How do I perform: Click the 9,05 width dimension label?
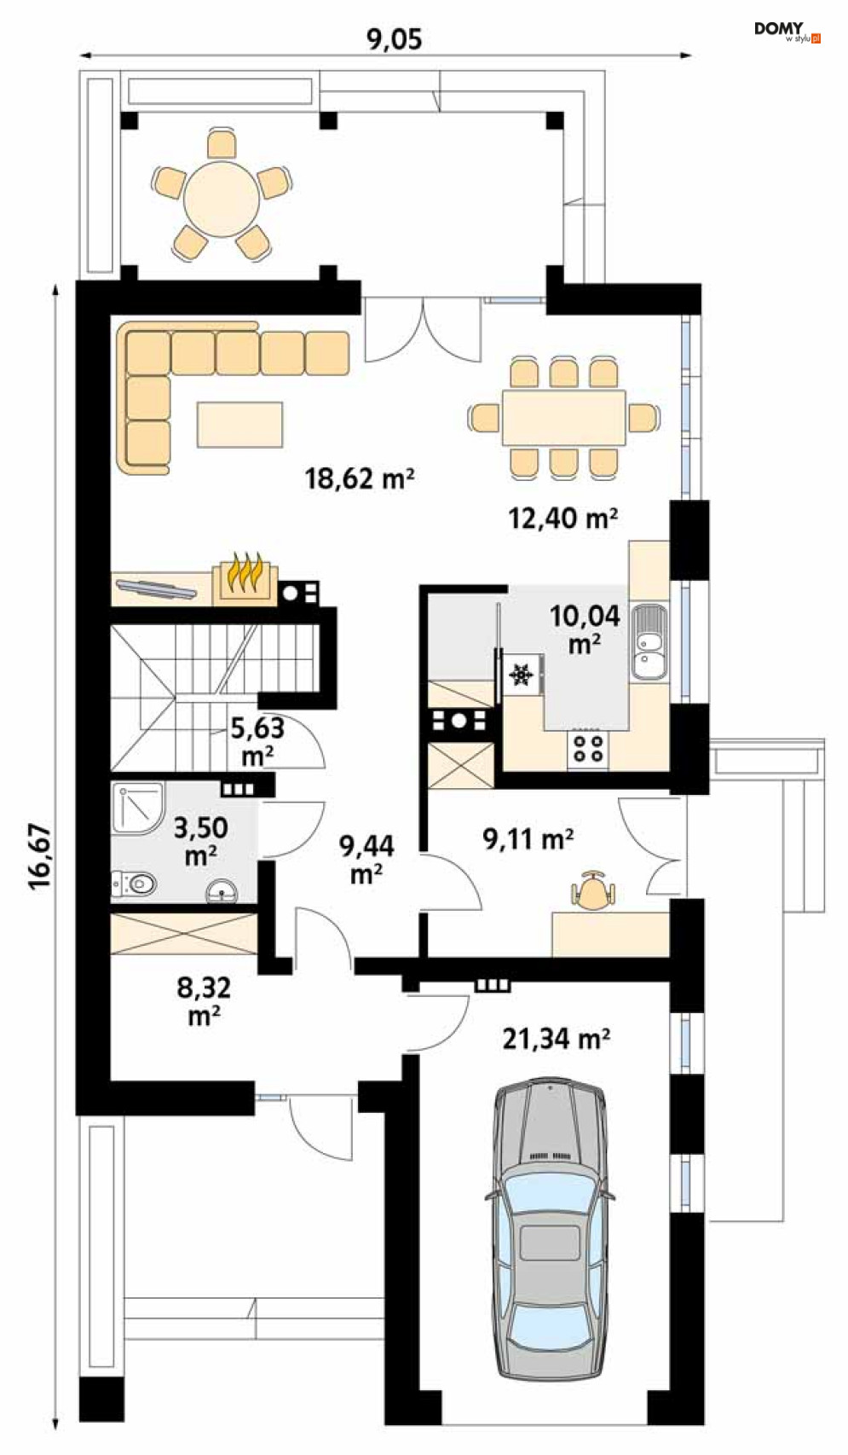[394, 39]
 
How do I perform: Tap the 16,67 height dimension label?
[39, 856]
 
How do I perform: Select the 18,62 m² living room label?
[360, 478]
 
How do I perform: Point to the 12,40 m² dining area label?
[562, 519]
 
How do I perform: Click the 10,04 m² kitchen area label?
[585, 629]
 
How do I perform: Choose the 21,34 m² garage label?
[556, 1039]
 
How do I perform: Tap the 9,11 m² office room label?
[528, 839]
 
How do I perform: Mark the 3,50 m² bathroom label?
[200, 842]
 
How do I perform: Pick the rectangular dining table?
[563, 418]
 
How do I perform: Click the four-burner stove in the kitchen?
[587, 749]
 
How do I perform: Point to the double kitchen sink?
[648, 642]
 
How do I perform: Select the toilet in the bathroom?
[135, 884]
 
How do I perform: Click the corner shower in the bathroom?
[138, 809]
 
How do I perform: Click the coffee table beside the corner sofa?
[239, 425]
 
